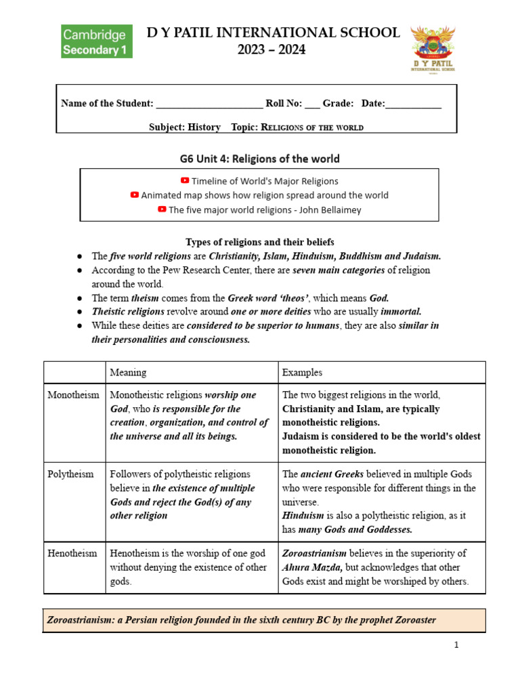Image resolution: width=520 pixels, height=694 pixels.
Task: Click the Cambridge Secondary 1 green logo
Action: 97,41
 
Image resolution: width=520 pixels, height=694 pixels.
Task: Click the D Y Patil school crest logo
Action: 434,49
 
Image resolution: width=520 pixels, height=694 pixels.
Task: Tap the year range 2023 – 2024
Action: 274,49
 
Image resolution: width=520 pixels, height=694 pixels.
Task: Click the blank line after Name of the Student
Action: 209,104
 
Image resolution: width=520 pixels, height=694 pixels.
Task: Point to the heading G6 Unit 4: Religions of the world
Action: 259,159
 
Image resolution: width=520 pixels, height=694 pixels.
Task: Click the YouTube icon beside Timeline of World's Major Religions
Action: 185,181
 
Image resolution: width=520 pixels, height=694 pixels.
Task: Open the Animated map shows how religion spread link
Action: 264,195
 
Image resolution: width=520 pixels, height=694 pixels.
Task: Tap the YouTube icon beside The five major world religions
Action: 162,209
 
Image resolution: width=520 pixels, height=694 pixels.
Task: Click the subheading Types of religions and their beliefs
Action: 259,242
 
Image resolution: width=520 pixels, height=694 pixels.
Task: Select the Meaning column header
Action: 128,373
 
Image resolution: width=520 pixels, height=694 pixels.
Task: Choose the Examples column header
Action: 302,373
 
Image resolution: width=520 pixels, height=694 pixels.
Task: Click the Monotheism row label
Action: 73,395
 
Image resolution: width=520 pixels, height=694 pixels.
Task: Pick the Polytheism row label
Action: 70,474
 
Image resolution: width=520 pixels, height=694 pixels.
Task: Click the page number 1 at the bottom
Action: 456,645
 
